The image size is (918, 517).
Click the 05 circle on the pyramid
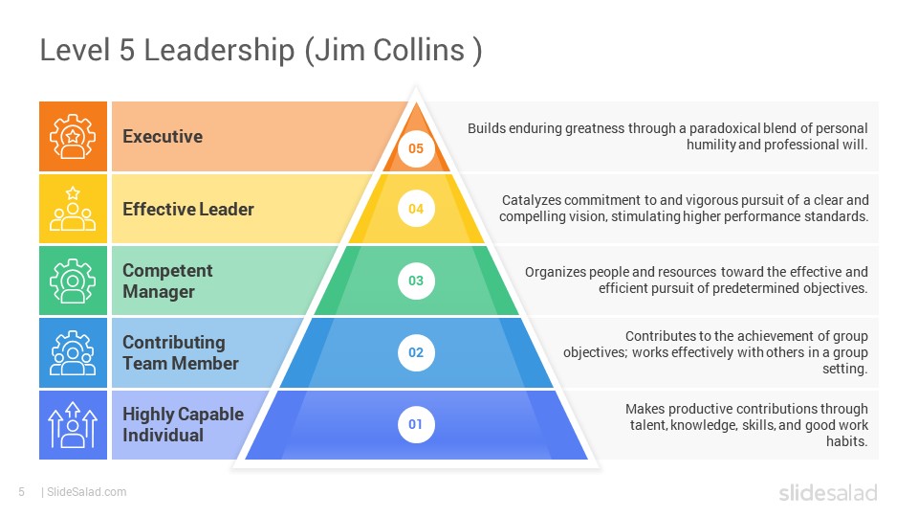point(416,148)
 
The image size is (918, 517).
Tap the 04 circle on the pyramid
point(416,209)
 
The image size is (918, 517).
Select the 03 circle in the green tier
point(416,281)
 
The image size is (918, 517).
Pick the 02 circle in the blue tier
point(416,352)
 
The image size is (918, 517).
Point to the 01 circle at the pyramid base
point(416,424)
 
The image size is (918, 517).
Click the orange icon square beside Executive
point(74,137)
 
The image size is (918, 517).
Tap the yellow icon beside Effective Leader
point(74,209)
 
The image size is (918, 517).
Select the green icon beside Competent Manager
point(74,281)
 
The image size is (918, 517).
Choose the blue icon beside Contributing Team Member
point(74,352)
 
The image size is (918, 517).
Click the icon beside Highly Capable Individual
point(74,424)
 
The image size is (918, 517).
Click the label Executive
point(163,137)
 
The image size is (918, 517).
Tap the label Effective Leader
point(188,210)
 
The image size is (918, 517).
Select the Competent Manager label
point(167,281)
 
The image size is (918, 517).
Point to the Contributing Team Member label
point(181,353)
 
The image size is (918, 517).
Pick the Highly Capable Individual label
point(183,424)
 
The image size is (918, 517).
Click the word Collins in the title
point(419,49)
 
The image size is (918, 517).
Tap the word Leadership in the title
point(219,51)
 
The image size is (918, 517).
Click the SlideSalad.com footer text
point(87,492)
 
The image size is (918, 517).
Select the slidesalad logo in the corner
point(828,492)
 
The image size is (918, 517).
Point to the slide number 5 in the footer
point(22,492)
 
